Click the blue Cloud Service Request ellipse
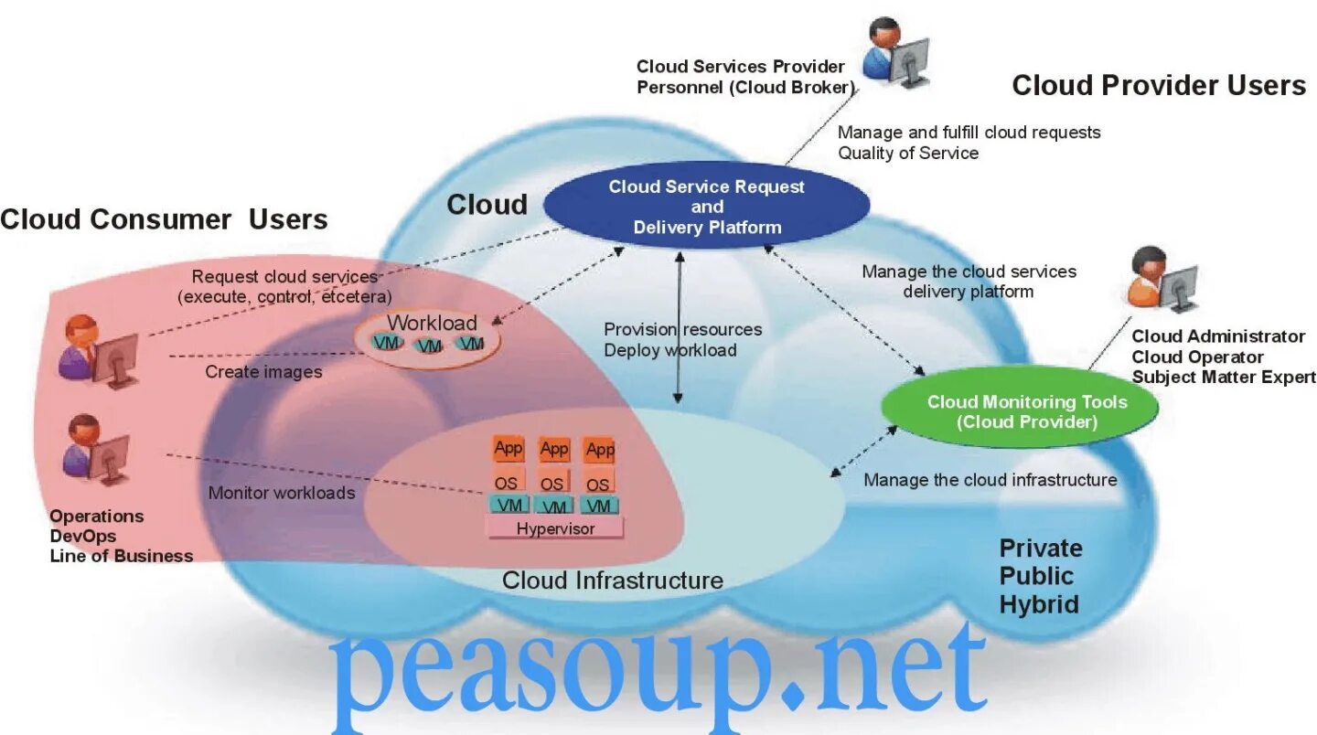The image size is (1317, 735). click(707, 208)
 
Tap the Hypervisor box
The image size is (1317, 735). click(555, 528)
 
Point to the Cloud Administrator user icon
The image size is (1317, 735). click(1162, 280)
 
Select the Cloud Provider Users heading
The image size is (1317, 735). click(1158, 85)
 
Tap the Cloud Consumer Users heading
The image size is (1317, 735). click(164, 219)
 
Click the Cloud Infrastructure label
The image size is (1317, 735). click(613, 581)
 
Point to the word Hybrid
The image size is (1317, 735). click(1038, 604)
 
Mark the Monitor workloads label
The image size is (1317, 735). click(282, 493)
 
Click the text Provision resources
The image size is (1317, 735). click(682, 329)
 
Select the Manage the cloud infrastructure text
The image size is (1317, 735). click(990, 480)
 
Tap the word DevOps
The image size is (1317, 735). click(82, 536)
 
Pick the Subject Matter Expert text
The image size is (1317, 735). click(1223, 377)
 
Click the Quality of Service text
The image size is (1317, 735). click(908, 153)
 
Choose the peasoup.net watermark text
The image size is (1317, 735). click(658, 672)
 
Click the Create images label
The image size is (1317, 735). click(263, 372)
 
